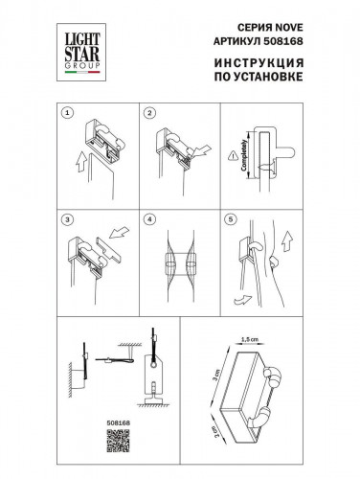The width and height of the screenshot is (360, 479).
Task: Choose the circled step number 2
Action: (x=150, y=112)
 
